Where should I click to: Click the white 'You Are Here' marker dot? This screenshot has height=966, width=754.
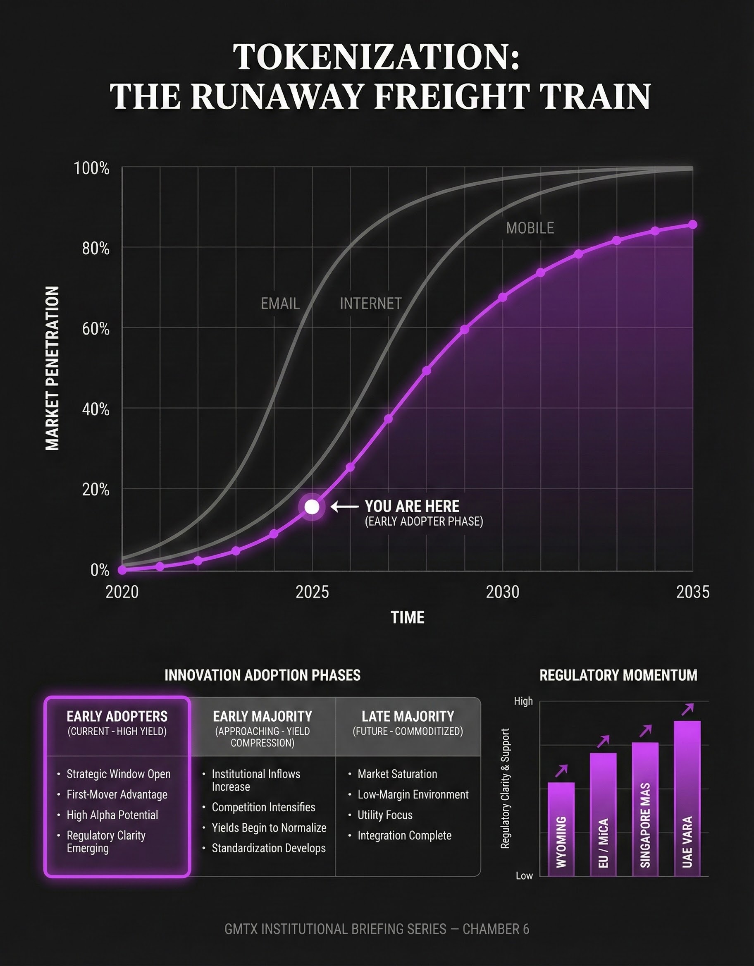pyautogui.click(x=312, y=507)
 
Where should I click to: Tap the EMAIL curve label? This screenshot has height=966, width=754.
pyautogui.click(x=280, y=304)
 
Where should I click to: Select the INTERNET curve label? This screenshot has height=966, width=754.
pyautogui.click(x=370, y=304)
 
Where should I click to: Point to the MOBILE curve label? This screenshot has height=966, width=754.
pyautogui.click(x=530, y=228)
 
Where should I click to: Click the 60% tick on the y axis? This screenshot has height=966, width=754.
pyautogui.click(x=95, y=329)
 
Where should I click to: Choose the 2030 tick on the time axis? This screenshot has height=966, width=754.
pyautogui.click(x=502, y=592)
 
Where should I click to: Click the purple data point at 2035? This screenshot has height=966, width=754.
pyautogui.click(x=693, y=225)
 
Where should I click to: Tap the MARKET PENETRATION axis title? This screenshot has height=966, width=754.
pyautogui.click(x=52, y=368)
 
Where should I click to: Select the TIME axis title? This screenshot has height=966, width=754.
pyautogui.click(x=407, y=617)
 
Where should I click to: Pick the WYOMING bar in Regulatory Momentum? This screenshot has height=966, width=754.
pyautogui.click(x=561, y=829)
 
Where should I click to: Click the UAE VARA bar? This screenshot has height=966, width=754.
pyautogui.click(x=687, y=799)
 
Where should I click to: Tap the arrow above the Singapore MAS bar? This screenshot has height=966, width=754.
pyautogui.click(x=646, y=731)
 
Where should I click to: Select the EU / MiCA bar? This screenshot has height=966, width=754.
pyautogui.click(x=603, y=814)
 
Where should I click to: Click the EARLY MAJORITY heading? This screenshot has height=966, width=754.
pyautogui.click(x=262, y=716)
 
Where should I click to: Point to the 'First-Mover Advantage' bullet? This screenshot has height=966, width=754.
pyautogui.click(x=117, y=794)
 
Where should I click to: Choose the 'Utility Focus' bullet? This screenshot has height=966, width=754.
pyautogui.click(x=385, y=815)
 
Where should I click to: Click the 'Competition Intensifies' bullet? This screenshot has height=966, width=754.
pyautogui.click(x=263, y=807)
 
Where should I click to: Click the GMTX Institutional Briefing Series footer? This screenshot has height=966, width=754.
pyautogui.click(x=376, y=929)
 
